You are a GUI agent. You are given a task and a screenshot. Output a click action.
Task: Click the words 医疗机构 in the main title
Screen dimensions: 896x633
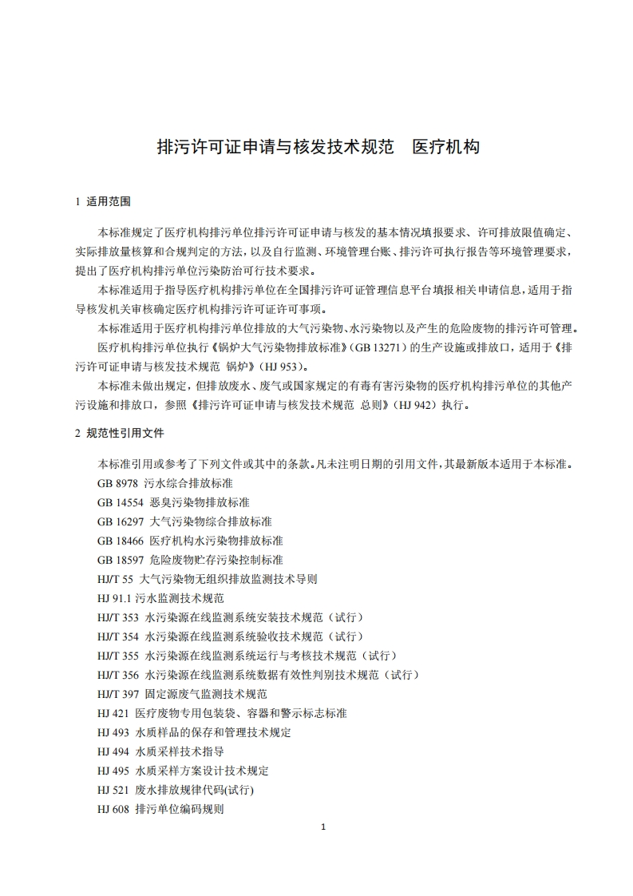(445, 148)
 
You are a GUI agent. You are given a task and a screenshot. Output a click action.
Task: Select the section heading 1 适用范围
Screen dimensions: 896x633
(101, 201)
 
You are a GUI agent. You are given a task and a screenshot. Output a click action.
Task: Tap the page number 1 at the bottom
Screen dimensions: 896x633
(322, 827)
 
